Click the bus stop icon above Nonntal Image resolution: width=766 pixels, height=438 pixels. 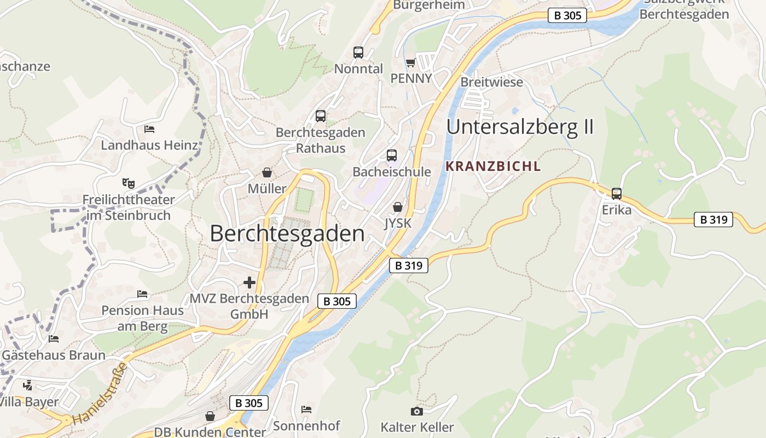(358, 53)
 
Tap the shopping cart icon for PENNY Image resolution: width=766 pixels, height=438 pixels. (411, 63)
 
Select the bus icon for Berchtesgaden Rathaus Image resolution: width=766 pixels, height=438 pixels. (321, 116)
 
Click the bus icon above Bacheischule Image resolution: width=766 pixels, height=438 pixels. (392, 155)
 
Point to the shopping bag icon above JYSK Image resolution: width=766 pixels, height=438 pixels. (398, 207)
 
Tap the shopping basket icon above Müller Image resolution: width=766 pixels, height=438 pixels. (267, 172)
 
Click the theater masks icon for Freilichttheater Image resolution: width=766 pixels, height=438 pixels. (129, 183)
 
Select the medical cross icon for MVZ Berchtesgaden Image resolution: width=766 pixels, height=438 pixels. (249, 283)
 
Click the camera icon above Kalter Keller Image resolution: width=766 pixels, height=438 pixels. (417, 411)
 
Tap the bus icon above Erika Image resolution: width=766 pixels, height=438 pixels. (617, 193)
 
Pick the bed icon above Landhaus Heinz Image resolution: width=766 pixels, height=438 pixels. (149, 129)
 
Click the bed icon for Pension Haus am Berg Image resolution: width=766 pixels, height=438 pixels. (142, 294)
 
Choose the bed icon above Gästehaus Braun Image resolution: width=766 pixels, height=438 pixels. (54, 339)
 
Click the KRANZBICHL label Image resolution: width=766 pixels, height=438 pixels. (494, 166)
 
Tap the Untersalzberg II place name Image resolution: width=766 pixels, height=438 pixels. (520, 127)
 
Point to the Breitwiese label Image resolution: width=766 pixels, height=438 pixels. (492, 82)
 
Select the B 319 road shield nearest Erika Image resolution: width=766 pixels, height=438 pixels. (713, 220)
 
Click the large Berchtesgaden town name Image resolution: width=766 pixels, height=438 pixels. (287, 234)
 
